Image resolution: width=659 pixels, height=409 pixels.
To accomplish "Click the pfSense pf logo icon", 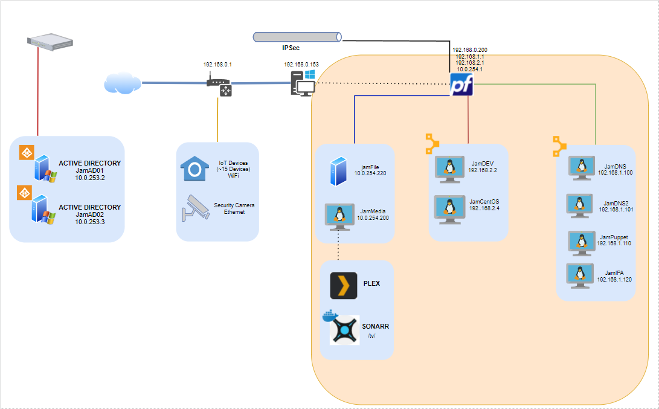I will (461, 85).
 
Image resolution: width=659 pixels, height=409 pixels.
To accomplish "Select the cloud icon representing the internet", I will (123, 83).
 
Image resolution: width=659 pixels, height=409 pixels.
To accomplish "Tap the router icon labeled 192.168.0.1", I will (219, 86).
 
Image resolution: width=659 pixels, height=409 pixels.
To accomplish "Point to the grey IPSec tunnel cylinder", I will (297, 37).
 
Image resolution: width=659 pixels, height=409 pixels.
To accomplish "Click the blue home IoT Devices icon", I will (195, 168).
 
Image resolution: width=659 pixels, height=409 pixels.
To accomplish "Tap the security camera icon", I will (194, 206).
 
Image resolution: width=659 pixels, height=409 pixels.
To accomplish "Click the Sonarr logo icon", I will (344, 330).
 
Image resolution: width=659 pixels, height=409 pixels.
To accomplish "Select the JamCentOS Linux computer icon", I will (449, 208).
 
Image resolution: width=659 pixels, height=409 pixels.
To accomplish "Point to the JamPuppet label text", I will (614, 237).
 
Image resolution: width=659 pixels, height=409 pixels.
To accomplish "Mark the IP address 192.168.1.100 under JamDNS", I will (615, 172).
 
